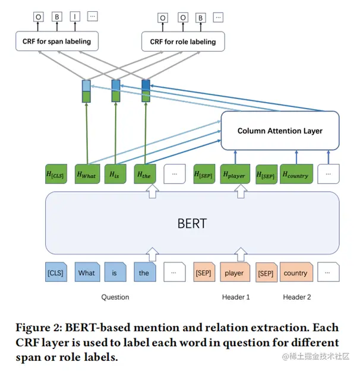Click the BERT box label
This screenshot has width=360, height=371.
click(x=192, y=224)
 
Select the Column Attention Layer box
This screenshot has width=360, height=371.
click(x=280, y=131)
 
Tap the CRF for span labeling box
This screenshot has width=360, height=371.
click(x=56, y=42)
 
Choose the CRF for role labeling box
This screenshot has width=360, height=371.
click(x=183, y=42)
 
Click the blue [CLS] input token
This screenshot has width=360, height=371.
click(x=56, y=273)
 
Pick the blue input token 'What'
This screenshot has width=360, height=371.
click(x=86, y=273)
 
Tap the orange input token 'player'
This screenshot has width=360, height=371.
click(x=234, y=273)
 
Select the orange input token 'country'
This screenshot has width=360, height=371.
click(x=295, y=273)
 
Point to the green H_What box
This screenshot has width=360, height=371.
click(x=87, y=174)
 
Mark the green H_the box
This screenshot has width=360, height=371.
click(x=144, y=174)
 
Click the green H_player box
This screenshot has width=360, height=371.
click(x=234, y=174)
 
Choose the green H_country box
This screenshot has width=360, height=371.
click(x=295, y=174)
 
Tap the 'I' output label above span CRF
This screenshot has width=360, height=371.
click(x=75, y=18)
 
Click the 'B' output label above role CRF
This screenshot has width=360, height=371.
click(x=200, y=18)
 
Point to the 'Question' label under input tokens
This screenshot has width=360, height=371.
click(x=115, y=297)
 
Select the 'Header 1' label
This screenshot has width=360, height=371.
click(x=236, y=297)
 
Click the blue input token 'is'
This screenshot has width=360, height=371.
click(x=115, y=273)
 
